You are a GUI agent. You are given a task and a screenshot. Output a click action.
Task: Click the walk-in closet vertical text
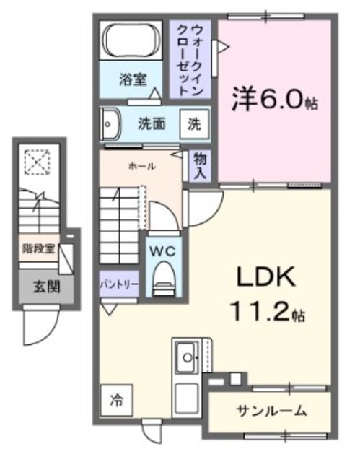(193, 60)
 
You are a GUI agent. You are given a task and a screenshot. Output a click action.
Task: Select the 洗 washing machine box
(195, 123)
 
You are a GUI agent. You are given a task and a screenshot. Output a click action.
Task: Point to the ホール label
(141, 166)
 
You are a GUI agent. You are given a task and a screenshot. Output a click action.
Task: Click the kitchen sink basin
(186, 357)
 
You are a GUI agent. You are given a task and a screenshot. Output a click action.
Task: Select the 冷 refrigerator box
(115, 398)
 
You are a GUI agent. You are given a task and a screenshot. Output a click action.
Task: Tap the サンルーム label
(272, 411)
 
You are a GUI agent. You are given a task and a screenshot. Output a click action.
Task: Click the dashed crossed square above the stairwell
(34, 162)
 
